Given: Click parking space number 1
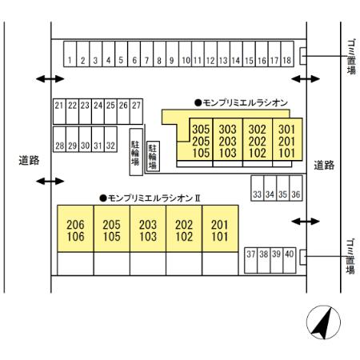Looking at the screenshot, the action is (70, 54).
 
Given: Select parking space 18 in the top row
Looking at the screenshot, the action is (287, 54).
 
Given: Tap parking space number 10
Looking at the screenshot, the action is (185, 54).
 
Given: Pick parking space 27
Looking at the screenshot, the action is (136, 111).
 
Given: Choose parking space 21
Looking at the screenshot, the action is (59, 111).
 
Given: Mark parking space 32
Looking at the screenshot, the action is (110, 139).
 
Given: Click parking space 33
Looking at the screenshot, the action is (258, 188).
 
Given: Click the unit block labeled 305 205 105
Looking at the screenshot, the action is (201, 139).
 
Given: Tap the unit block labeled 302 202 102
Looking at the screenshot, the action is (258, 139).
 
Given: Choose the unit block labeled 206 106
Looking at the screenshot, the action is (75, 229).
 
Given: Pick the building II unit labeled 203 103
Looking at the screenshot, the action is (148, 229).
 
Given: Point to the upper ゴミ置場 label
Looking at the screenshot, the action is (351, 57).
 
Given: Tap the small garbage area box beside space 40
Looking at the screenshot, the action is (303, 257).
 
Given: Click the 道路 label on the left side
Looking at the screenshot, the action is (29, 160).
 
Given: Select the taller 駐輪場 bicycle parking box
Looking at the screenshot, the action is (136, 152).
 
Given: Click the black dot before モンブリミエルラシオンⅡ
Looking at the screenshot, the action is (103, 198).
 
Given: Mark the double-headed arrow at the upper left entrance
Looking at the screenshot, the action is (50, 78).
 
